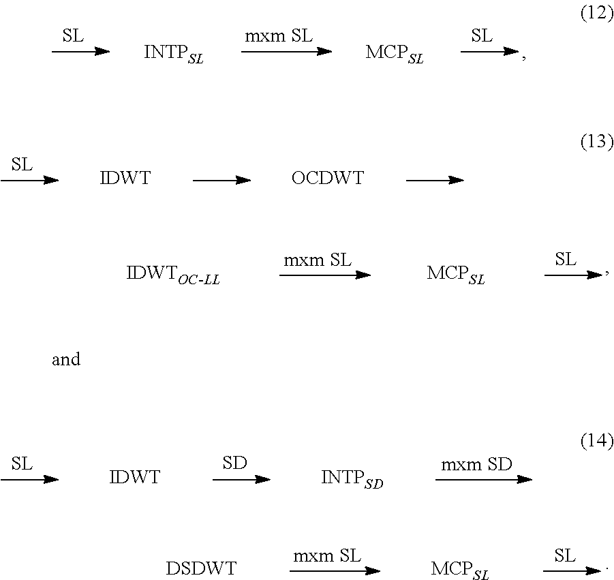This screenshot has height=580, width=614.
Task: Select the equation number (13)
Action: pyautogui.click(x=596, y=143)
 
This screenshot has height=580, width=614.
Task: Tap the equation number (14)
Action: pyautogui.click(x=596, y=442)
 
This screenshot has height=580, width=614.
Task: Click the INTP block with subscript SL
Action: pyautogui.click(x=174, y=54)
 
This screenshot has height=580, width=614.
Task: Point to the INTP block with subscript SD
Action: pyautogui.click(x=352, y=479)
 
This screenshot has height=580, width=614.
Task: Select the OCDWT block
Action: pyautogui.click(x=328, y=179)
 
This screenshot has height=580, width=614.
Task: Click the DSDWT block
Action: pyautogui.click(x=201, y=569)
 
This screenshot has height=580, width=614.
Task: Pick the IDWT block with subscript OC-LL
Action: pyautogui.click(x=173, y=275)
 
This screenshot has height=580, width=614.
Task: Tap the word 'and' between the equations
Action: pyautogui.click(x=66, y=360)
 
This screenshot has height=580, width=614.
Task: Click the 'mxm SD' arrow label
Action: pyautogui.click(x=476, y=465)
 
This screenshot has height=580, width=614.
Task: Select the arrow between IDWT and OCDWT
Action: pyautogui.click(x=221, y=181)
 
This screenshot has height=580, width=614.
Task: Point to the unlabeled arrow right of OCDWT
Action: pyautogui.click(x=435, y=181)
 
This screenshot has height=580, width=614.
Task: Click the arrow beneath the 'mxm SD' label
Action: pyautogui.click(x=483, y=480)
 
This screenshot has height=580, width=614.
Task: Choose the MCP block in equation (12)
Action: pyautogui.click(x=394, y=54)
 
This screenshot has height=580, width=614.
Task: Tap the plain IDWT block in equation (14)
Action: pyautogui.click(x=135, y=478)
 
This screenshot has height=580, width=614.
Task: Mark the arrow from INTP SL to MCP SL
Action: pyautogui.click(x=286, y=51)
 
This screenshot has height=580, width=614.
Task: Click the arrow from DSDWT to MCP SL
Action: pyautogui.click(x=334, y=570)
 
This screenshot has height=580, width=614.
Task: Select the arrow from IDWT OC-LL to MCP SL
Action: pyautogui.click(x=324, y=275)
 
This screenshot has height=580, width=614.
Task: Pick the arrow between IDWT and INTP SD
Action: pyautogui.click(x=241, y=480)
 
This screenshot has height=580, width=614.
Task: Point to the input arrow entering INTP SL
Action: pyautogui.click(x=80, y=51)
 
